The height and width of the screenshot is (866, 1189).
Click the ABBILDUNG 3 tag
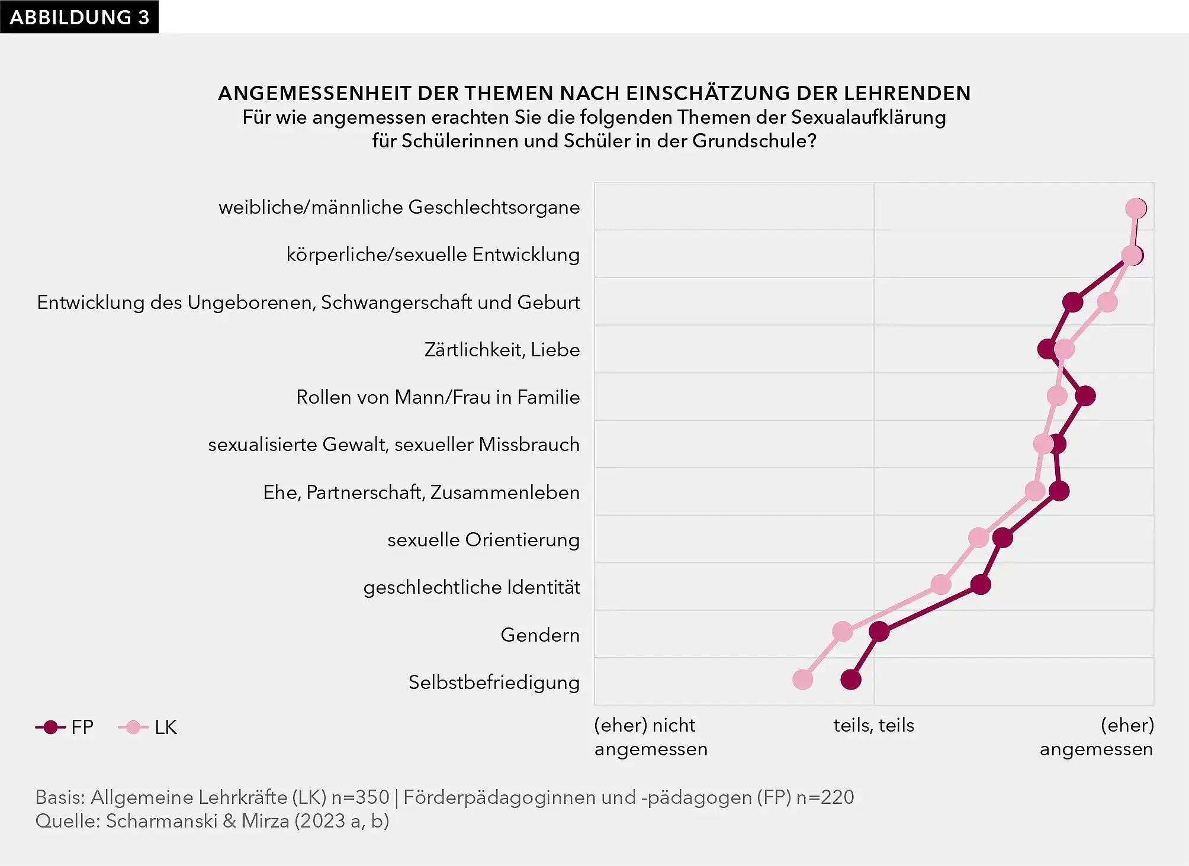79,17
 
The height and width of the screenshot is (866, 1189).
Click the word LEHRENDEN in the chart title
907,93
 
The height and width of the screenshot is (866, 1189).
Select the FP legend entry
65,727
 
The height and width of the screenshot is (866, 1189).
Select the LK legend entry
148,727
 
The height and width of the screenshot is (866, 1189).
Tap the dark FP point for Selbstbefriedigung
851,680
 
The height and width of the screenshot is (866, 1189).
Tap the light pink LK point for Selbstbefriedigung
802,680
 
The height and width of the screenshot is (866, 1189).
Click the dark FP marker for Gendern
879,632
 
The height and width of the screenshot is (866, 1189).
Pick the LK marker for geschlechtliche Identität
941,585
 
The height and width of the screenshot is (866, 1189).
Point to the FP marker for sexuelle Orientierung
1002,538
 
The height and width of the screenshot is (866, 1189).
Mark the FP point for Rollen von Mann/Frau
1085,396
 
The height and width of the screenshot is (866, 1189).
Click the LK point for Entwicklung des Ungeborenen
1107,302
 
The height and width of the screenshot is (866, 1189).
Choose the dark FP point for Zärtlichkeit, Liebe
1047,349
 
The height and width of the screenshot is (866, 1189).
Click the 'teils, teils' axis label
873,725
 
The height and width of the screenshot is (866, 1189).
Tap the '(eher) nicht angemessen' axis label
650,737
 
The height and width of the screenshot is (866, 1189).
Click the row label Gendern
539,635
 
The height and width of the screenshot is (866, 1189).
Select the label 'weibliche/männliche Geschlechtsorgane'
399,207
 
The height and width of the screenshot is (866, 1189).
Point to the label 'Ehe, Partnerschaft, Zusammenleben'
421,492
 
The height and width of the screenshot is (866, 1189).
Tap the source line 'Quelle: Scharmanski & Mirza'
212,821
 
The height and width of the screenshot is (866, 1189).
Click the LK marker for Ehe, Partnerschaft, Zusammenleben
1035,491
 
